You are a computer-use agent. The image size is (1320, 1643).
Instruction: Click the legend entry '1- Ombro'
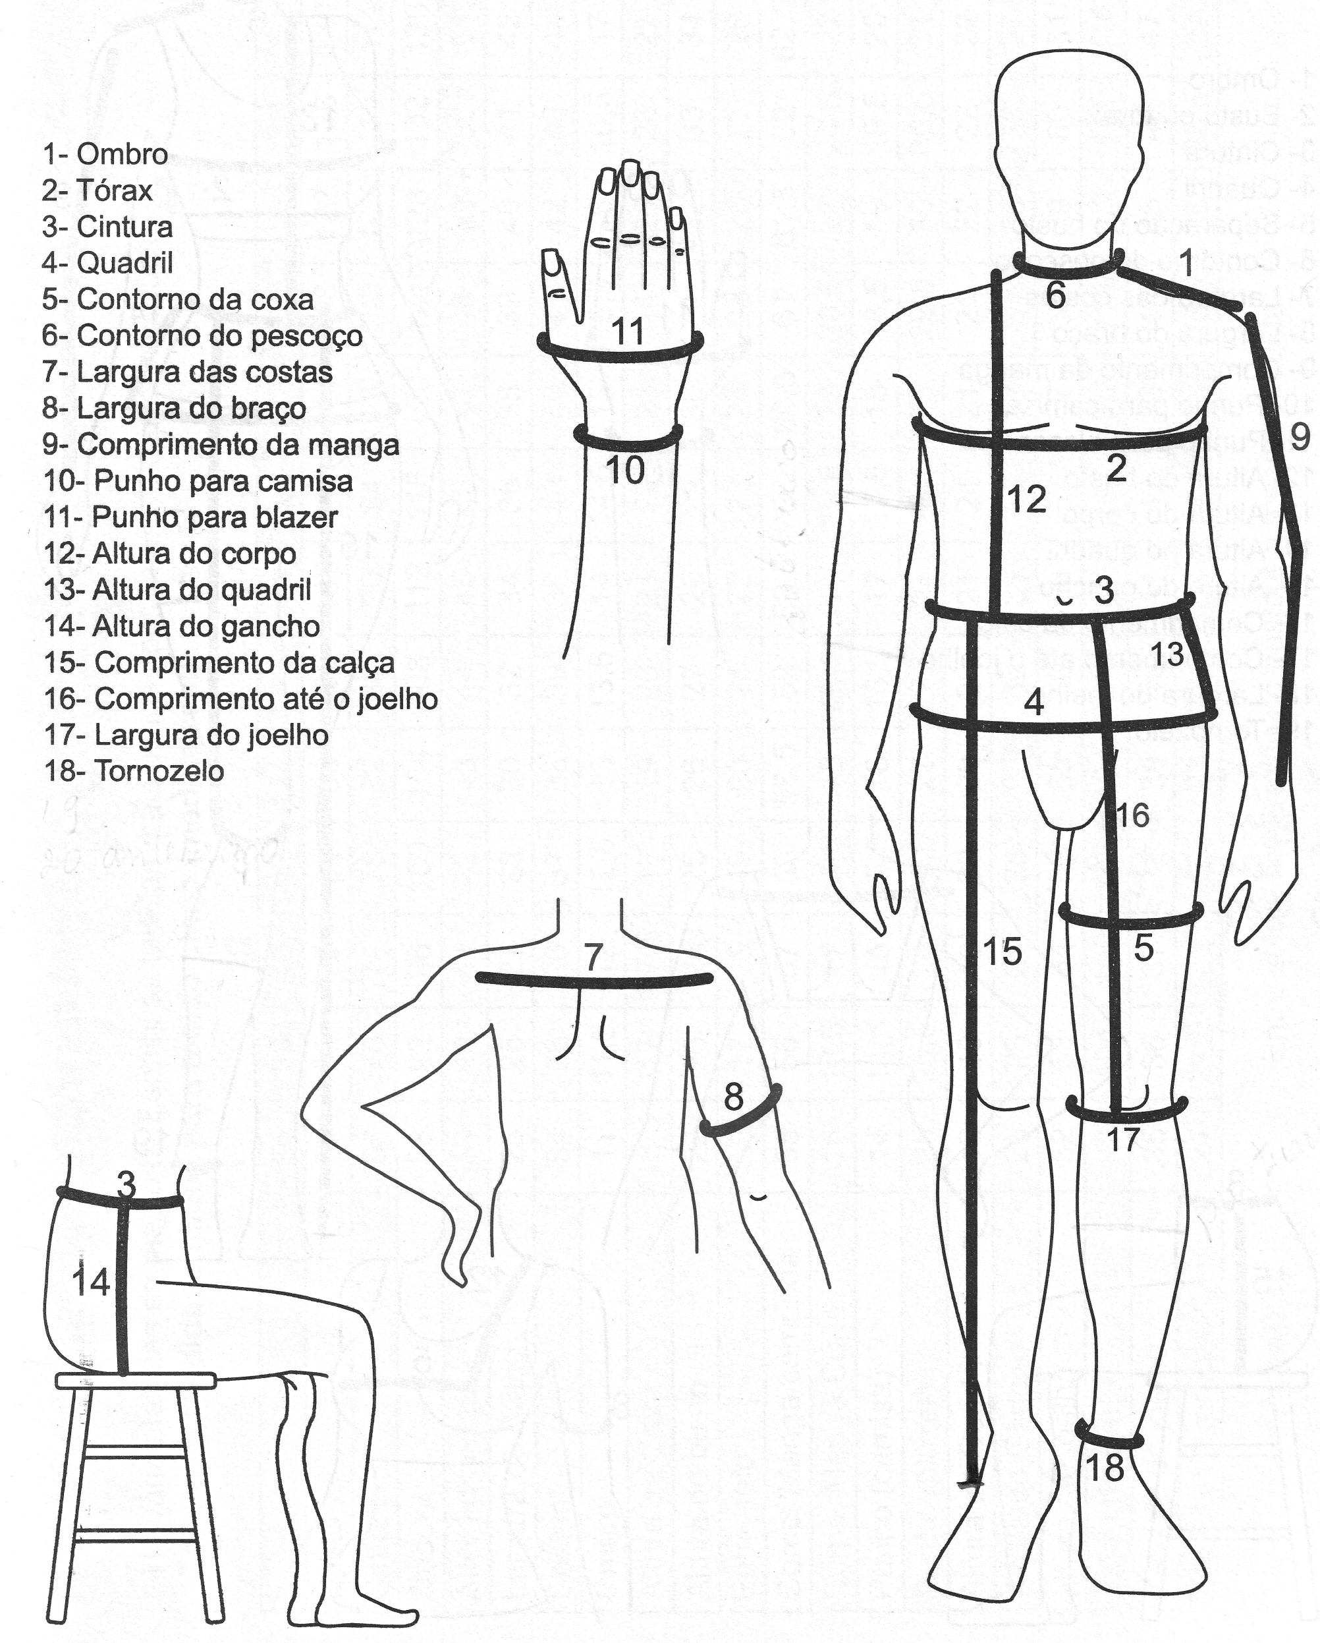[x=105, y=155]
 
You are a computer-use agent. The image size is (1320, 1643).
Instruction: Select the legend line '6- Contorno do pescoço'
[x=202, y=336]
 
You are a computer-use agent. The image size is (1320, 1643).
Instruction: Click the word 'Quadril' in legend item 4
[x=125, y=264]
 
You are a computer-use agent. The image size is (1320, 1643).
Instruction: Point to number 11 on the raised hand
[x=628, y=331]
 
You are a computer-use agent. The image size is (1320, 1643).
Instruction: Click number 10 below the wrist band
[x=625, y=470]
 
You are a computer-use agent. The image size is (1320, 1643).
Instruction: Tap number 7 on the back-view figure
[x=594, y=956]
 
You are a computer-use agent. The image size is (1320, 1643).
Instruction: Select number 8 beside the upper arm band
[x=732, y=1097]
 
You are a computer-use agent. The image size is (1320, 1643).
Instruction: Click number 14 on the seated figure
[x=92, y=1283]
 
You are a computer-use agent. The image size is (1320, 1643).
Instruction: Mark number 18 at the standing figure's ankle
[x=1105, y=1467]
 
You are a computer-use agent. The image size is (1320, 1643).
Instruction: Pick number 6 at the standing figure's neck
[x=1055, y=295]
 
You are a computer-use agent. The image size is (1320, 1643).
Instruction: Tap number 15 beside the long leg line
[x=1003, y=952]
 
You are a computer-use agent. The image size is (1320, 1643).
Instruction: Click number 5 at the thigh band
[x=1143, y=948]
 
